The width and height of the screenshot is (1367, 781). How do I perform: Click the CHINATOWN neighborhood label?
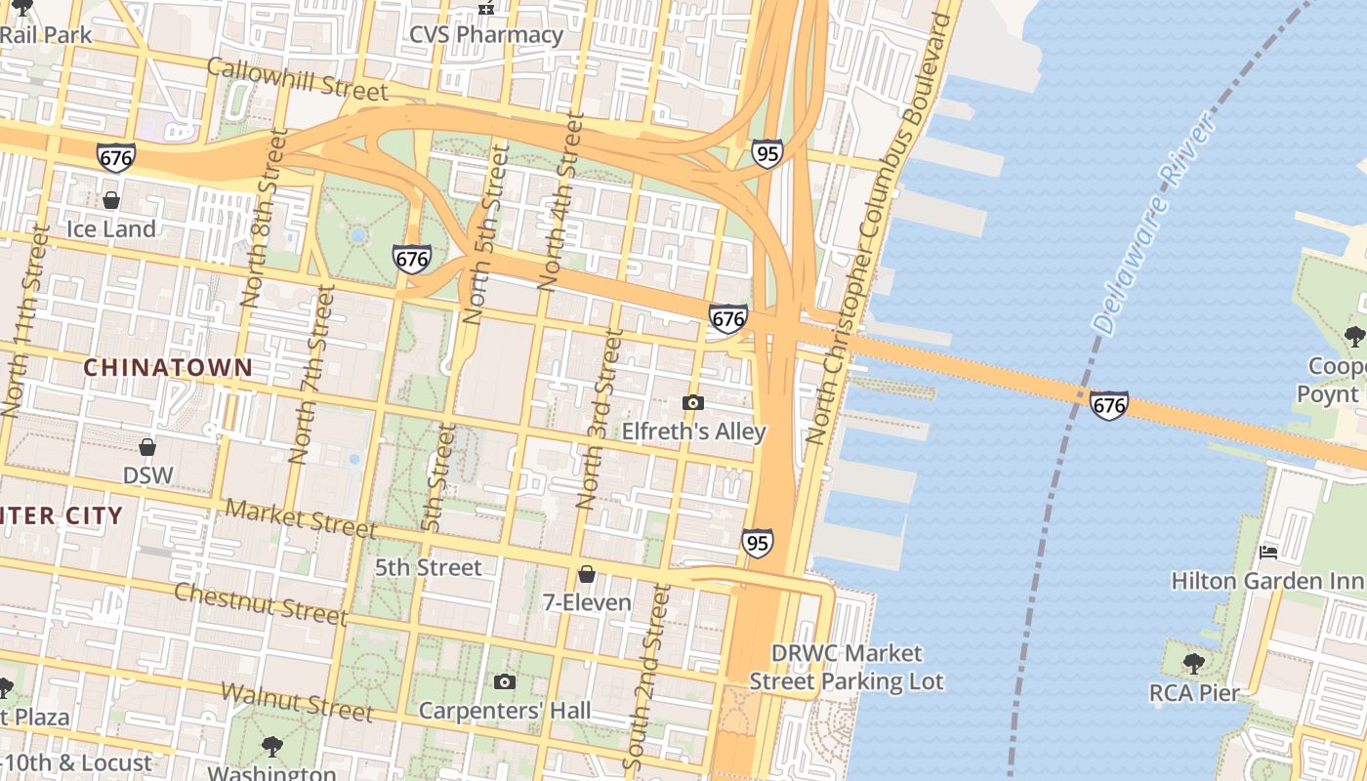(x=168, y=368)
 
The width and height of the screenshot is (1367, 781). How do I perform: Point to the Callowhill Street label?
(x=298, y=79)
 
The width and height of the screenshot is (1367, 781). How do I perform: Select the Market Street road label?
(x=301, y=518)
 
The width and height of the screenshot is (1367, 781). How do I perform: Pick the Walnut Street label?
(x=296, y=702)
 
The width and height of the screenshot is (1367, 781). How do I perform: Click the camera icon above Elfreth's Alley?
(x=692, y=402)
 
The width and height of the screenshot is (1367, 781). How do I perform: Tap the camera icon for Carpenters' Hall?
(x=504, y=681)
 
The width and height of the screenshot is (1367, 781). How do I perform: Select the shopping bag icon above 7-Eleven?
(x=587, y=574)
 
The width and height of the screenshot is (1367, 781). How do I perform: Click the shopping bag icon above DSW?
(x=147, y=447)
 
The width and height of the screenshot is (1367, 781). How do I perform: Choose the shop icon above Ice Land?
(x=111, y=200)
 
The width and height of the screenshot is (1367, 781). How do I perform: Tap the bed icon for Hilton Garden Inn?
(x=1268, y=553)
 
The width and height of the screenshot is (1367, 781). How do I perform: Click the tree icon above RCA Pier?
(x=1193, y=664)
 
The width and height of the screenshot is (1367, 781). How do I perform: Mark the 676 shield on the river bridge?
(x=1109, y=404)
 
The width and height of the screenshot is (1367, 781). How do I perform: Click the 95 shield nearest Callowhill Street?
(x=766, y=153)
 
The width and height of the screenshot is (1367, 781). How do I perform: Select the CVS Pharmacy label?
(x=486, y=35)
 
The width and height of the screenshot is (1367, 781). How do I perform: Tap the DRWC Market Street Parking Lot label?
(x=847, y=667)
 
